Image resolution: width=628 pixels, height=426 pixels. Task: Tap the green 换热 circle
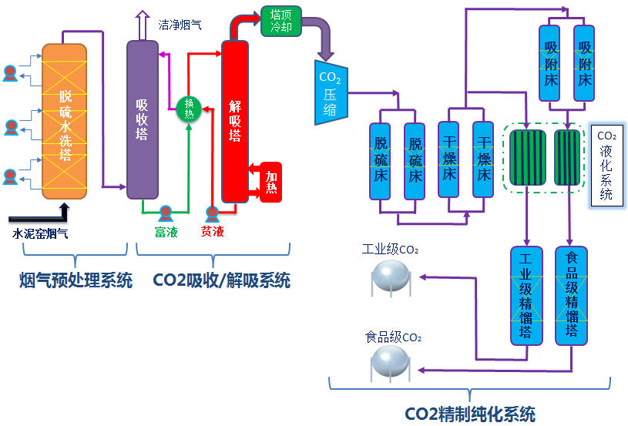coord(189,108)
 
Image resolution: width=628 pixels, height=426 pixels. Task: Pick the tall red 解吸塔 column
coord(235,119)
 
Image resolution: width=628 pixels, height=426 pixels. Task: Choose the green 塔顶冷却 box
coord(280,21)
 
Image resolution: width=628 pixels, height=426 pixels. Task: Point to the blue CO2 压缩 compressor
coord(330,92)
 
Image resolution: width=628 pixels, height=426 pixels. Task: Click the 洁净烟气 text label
coord(180,25)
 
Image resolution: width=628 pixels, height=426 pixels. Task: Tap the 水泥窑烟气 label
coord(40,232)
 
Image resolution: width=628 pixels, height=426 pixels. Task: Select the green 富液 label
coord(166,232)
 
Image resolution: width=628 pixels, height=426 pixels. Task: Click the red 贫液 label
coord(212,232)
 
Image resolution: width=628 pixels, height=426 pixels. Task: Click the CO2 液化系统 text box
coord(606,166)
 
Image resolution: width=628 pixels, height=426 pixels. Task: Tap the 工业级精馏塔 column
coord(526,295)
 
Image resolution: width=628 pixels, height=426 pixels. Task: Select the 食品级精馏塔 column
coord(571,295)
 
